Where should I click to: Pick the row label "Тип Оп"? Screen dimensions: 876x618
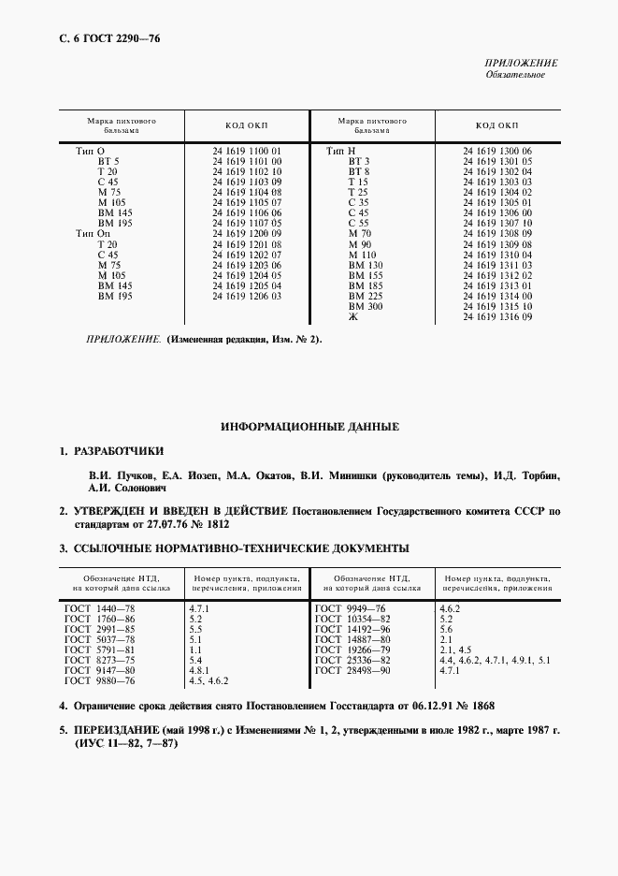92,233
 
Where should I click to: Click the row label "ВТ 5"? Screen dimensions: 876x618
108,161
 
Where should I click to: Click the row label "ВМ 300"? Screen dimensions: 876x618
365,307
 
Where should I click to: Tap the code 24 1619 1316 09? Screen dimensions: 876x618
497,317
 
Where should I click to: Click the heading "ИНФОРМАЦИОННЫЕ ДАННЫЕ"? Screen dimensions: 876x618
309,426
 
